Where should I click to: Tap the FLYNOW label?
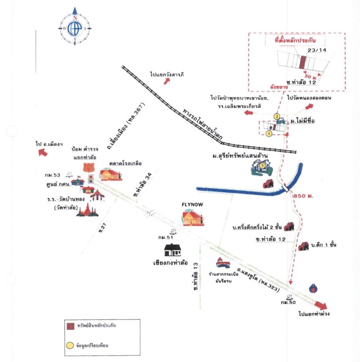192,205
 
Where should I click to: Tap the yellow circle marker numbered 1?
269,134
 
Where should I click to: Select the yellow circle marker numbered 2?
277,116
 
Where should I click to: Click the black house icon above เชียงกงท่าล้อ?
172,250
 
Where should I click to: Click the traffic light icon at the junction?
91,179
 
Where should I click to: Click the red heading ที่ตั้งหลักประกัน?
296,39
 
